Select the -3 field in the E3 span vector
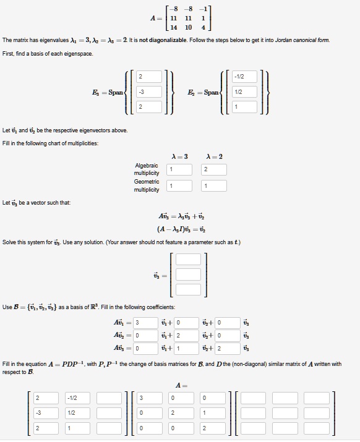(148, 92)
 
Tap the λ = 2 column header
(213, 156)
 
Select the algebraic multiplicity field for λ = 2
(213, 169)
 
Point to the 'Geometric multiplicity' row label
(147, 185)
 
